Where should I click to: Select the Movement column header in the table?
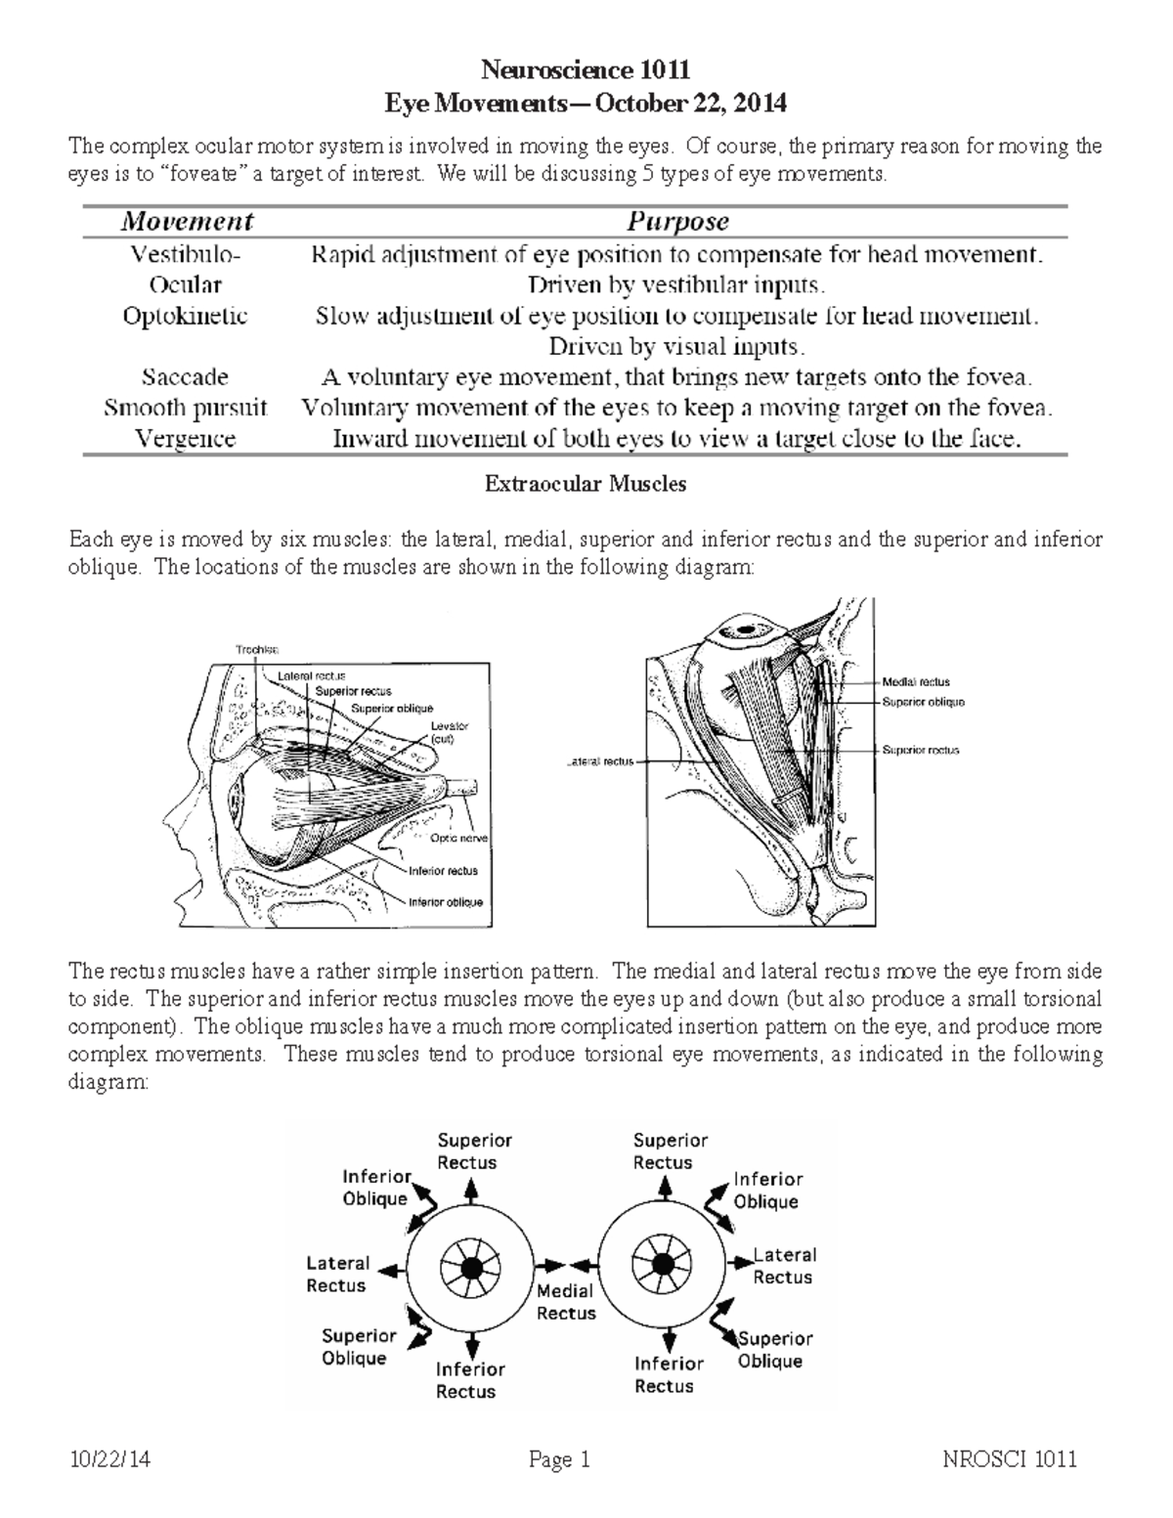click(x=187, y=222)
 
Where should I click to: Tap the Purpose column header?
click(x=678, y=222)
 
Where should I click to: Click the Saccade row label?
click(x=185, y=377)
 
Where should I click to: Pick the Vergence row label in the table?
click(x=185, y=439)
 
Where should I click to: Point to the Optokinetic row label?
click(x=185, y=316)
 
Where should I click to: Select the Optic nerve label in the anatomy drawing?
click(x=456, y=838)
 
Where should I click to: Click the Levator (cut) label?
click(x=450, y=733)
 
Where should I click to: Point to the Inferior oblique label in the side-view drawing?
click(x=445, y=902)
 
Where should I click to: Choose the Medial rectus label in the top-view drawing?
click(x=915, y=682)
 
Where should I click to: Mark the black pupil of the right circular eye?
click(x=664, y=1264)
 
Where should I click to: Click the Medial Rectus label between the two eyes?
click(x=566, y=1302)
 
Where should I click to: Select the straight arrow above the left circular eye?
click(x=471, y=1190)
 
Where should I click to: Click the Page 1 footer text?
click(x=559, y=1460)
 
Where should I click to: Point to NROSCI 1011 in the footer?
click(x=1010, y=1460)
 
